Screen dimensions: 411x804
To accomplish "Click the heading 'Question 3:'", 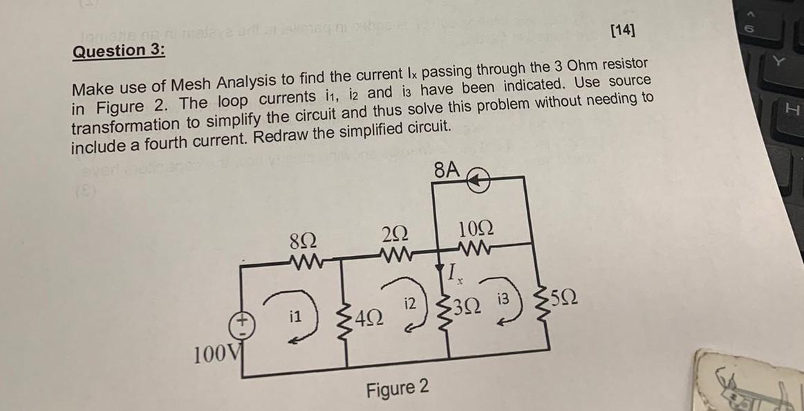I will click(118, 51).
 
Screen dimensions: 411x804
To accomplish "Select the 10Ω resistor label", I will click(475, 228).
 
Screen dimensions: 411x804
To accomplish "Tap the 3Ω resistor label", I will click(468, 307).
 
